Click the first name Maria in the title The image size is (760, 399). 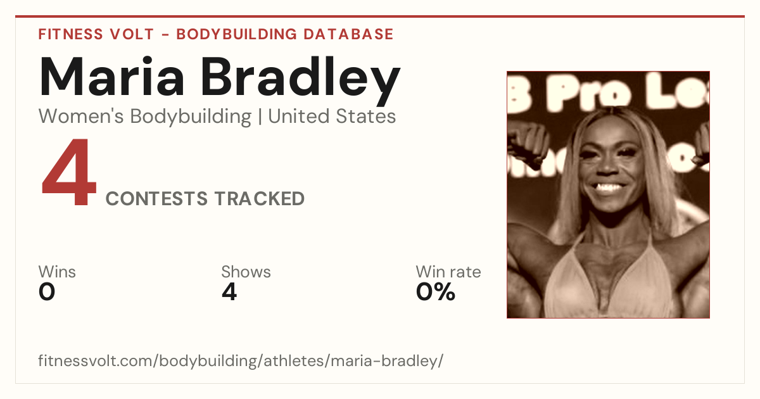pos(112,77)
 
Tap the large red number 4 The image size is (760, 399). pos(69,172)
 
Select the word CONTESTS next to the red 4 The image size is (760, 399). pos(156,199)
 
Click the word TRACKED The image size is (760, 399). pos(260,199)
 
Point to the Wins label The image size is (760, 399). pos(57,272)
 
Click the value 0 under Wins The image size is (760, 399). pos(47,292)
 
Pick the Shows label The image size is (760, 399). pos(246,272)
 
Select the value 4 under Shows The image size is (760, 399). pos(229,292)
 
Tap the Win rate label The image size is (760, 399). pos(448,272)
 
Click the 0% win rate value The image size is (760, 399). pos(436,292)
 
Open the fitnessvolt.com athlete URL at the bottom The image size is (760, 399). pos(241,360)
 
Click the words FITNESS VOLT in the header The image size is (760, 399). pos(96,34)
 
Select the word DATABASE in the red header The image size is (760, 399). pos(348,34)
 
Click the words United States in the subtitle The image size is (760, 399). pos(332,116)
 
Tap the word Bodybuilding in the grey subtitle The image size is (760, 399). pos(191,117)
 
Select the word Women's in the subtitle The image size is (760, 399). pos(81,116)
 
